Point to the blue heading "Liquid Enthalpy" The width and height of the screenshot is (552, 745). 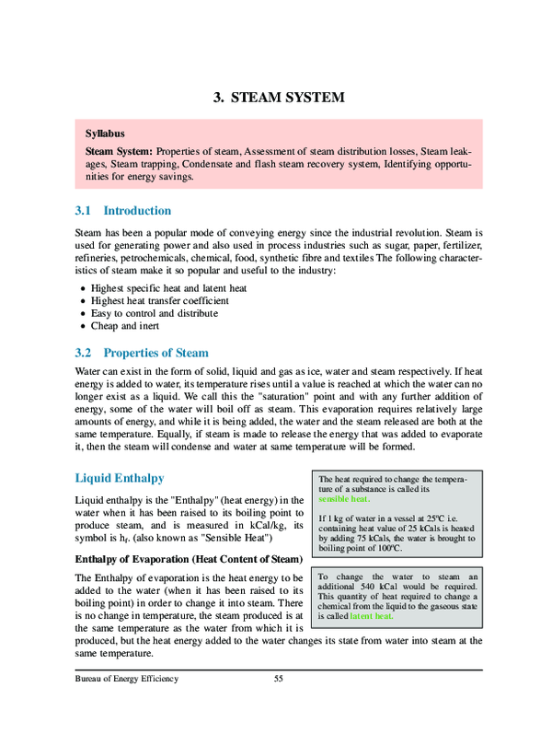[120, 479]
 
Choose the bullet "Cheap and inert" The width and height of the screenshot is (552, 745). [127, 326]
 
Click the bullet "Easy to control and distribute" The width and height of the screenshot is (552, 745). [155, 313]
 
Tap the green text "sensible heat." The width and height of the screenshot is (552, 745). [344, 499]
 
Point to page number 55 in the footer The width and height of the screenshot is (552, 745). [279, 679]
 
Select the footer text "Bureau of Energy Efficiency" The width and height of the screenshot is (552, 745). [127, 679]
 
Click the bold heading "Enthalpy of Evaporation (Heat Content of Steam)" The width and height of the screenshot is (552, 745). [188, 559]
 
